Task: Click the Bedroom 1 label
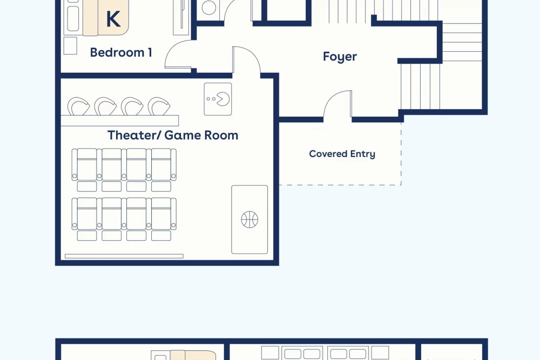(121, 52)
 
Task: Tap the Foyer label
(340, 57)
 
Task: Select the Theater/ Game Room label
(173, 135)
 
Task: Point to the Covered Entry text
(342, 154)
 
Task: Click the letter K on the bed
(113, 19)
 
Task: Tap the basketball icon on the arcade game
(249, 220)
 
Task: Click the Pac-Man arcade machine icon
(218, 99)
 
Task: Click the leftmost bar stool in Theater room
(78, 106)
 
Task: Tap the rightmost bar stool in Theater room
(159, 106)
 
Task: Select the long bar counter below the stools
(120, 120)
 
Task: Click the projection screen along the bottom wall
(124, 256)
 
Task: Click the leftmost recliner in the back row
(87, 165)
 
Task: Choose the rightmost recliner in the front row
(161, 214)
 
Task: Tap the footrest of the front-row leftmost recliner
(87, 235)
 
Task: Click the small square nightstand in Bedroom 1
(70, 45)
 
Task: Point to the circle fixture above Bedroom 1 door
(208, 8)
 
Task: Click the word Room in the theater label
(221, 135)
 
